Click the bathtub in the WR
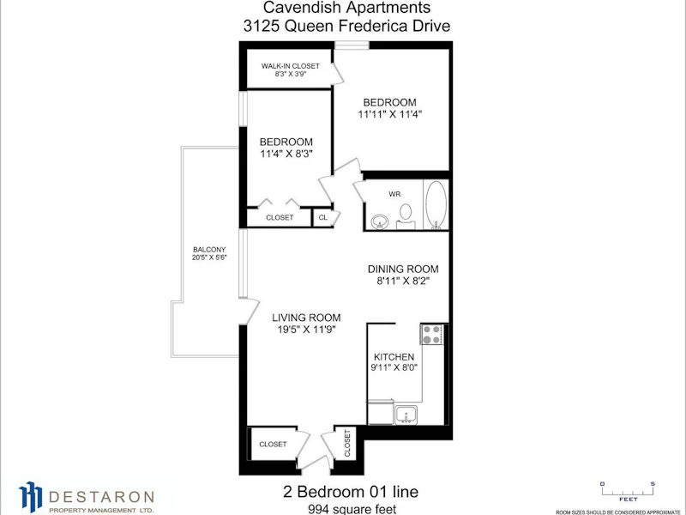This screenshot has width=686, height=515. pos(436,205)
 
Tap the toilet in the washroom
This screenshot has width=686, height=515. pos(406,217)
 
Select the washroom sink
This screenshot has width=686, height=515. pos(379,221)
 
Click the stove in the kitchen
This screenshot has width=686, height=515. pos(432,334)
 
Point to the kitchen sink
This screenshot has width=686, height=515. pos(406,415)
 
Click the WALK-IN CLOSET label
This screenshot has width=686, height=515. pos(291,66)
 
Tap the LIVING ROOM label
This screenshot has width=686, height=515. pos(306,318)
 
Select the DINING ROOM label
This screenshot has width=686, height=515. pos(403,269)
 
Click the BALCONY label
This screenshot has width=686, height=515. pos(209,249)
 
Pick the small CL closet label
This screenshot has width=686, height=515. pos(323,217)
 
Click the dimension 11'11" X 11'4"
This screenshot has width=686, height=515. pos(390,114)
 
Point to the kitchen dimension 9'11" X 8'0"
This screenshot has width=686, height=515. pos(394,367)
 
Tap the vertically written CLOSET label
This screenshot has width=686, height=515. pos(347,443)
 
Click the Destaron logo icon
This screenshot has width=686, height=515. pos(31,497)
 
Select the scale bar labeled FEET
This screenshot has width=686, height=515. pos(628,490)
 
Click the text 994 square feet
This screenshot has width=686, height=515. pos(352,509)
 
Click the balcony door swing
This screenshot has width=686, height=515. pos(250,312)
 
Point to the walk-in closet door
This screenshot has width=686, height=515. pos(337,73)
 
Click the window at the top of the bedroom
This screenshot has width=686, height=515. pos(352,45)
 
